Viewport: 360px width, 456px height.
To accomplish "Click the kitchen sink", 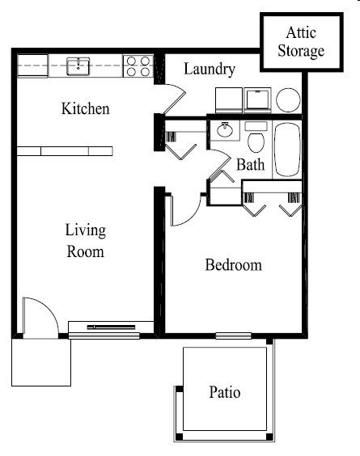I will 78,65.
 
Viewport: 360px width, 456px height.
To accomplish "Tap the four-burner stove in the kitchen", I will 138,65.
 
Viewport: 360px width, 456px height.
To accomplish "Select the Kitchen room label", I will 85,108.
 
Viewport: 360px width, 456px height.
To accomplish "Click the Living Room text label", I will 85,241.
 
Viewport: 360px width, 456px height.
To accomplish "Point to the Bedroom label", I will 233,265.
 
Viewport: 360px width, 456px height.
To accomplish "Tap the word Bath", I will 250,166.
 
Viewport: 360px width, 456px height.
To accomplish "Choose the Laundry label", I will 209,70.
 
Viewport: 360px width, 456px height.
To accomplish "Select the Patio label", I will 225,393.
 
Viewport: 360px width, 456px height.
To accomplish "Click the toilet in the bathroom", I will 256,141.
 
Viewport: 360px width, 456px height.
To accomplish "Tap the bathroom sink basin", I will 224,129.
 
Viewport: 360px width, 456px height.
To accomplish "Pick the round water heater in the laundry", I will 288,99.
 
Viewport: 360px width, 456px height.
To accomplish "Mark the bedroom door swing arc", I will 185,212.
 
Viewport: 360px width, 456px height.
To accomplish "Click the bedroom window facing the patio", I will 233,336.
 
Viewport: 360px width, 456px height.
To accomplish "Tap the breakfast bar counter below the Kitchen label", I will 65,150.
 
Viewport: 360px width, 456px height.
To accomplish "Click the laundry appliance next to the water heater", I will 258,99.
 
